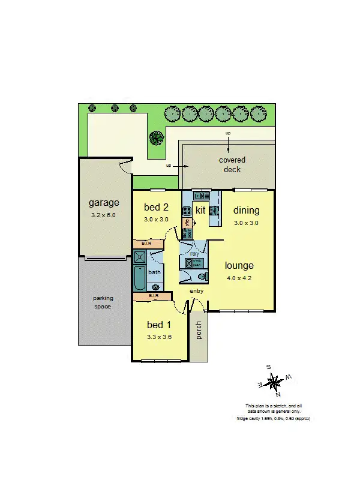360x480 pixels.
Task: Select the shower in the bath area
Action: point(140,257)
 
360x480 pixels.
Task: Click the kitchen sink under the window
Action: point(200,196)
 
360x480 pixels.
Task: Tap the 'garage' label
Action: point(104,202)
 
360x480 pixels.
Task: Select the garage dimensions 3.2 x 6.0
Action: point(104,214)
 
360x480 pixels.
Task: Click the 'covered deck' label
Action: point(232,164)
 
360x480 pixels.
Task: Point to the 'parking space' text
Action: point(103,302)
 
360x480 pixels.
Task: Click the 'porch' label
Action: point(199,330)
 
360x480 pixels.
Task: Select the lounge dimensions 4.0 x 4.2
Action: point(239,277)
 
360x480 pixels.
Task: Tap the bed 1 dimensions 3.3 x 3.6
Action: point(160,337)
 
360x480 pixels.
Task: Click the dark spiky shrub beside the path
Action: point(157,138)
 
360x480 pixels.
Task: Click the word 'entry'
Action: point(196,291)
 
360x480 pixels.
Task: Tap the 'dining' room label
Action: point(247,210)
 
